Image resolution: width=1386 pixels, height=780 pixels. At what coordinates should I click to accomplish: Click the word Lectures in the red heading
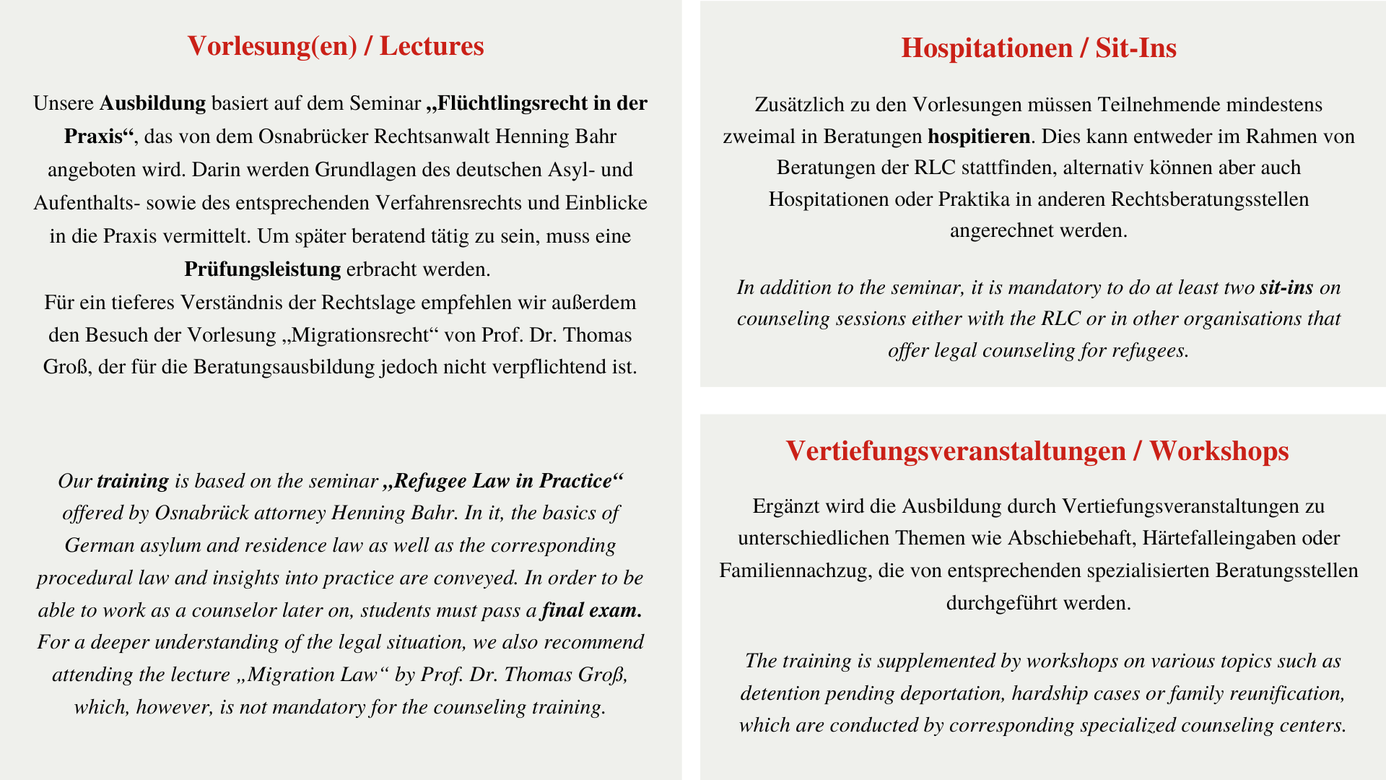[x=432, y=46]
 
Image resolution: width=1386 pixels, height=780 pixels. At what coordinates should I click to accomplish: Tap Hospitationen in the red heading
[x=987, y=48]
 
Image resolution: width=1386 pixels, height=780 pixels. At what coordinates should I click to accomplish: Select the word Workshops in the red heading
[x=1219, y=451]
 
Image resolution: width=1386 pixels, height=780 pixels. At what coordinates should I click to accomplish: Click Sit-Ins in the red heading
[x=1136, y=48]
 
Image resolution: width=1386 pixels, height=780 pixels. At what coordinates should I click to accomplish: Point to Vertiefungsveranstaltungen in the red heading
[x=956, y=451]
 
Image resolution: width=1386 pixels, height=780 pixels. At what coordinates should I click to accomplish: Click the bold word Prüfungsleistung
[x=262, y=269]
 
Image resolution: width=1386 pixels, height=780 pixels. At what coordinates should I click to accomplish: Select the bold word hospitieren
[x=979, y=136]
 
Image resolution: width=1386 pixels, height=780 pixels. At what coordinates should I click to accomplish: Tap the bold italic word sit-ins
[x=1286, y=287]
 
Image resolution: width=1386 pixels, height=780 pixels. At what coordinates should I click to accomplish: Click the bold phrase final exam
[x=591, y=610]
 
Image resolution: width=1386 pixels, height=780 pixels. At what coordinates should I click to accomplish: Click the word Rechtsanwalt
[x=430, y=136]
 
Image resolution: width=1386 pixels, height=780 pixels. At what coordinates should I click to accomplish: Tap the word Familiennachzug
[x=788, y=571]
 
